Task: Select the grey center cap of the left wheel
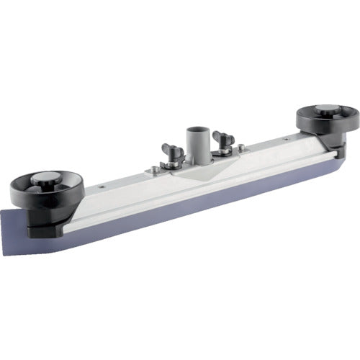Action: (45, 180)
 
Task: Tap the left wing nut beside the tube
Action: (173, 150)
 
